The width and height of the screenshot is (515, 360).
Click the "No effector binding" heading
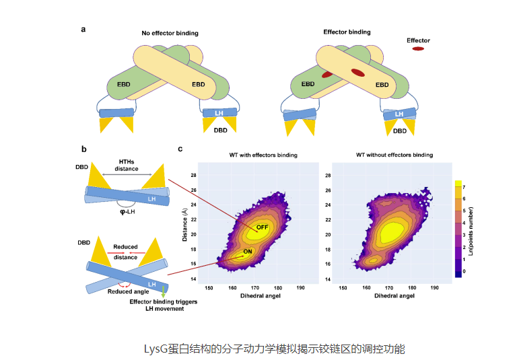(170, 33)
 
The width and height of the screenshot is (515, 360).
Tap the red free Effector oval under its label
(418, 49)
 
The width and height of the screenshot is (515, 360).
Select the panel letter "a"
(83, 29)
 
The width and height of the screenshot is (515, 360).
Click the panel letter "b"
(83, 149)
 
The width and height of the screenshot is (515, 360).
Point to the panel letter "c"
(180, 149)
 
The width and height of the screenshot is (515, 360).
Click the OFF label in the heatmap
(262, 227)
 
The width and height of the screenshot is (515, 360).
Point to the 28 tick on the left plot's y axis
(194, 175)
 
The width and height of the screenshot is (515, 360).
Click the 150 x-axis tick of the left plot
(209, 287)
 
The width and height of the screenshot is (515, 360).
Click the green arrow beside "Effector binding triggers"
(163, 291)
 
